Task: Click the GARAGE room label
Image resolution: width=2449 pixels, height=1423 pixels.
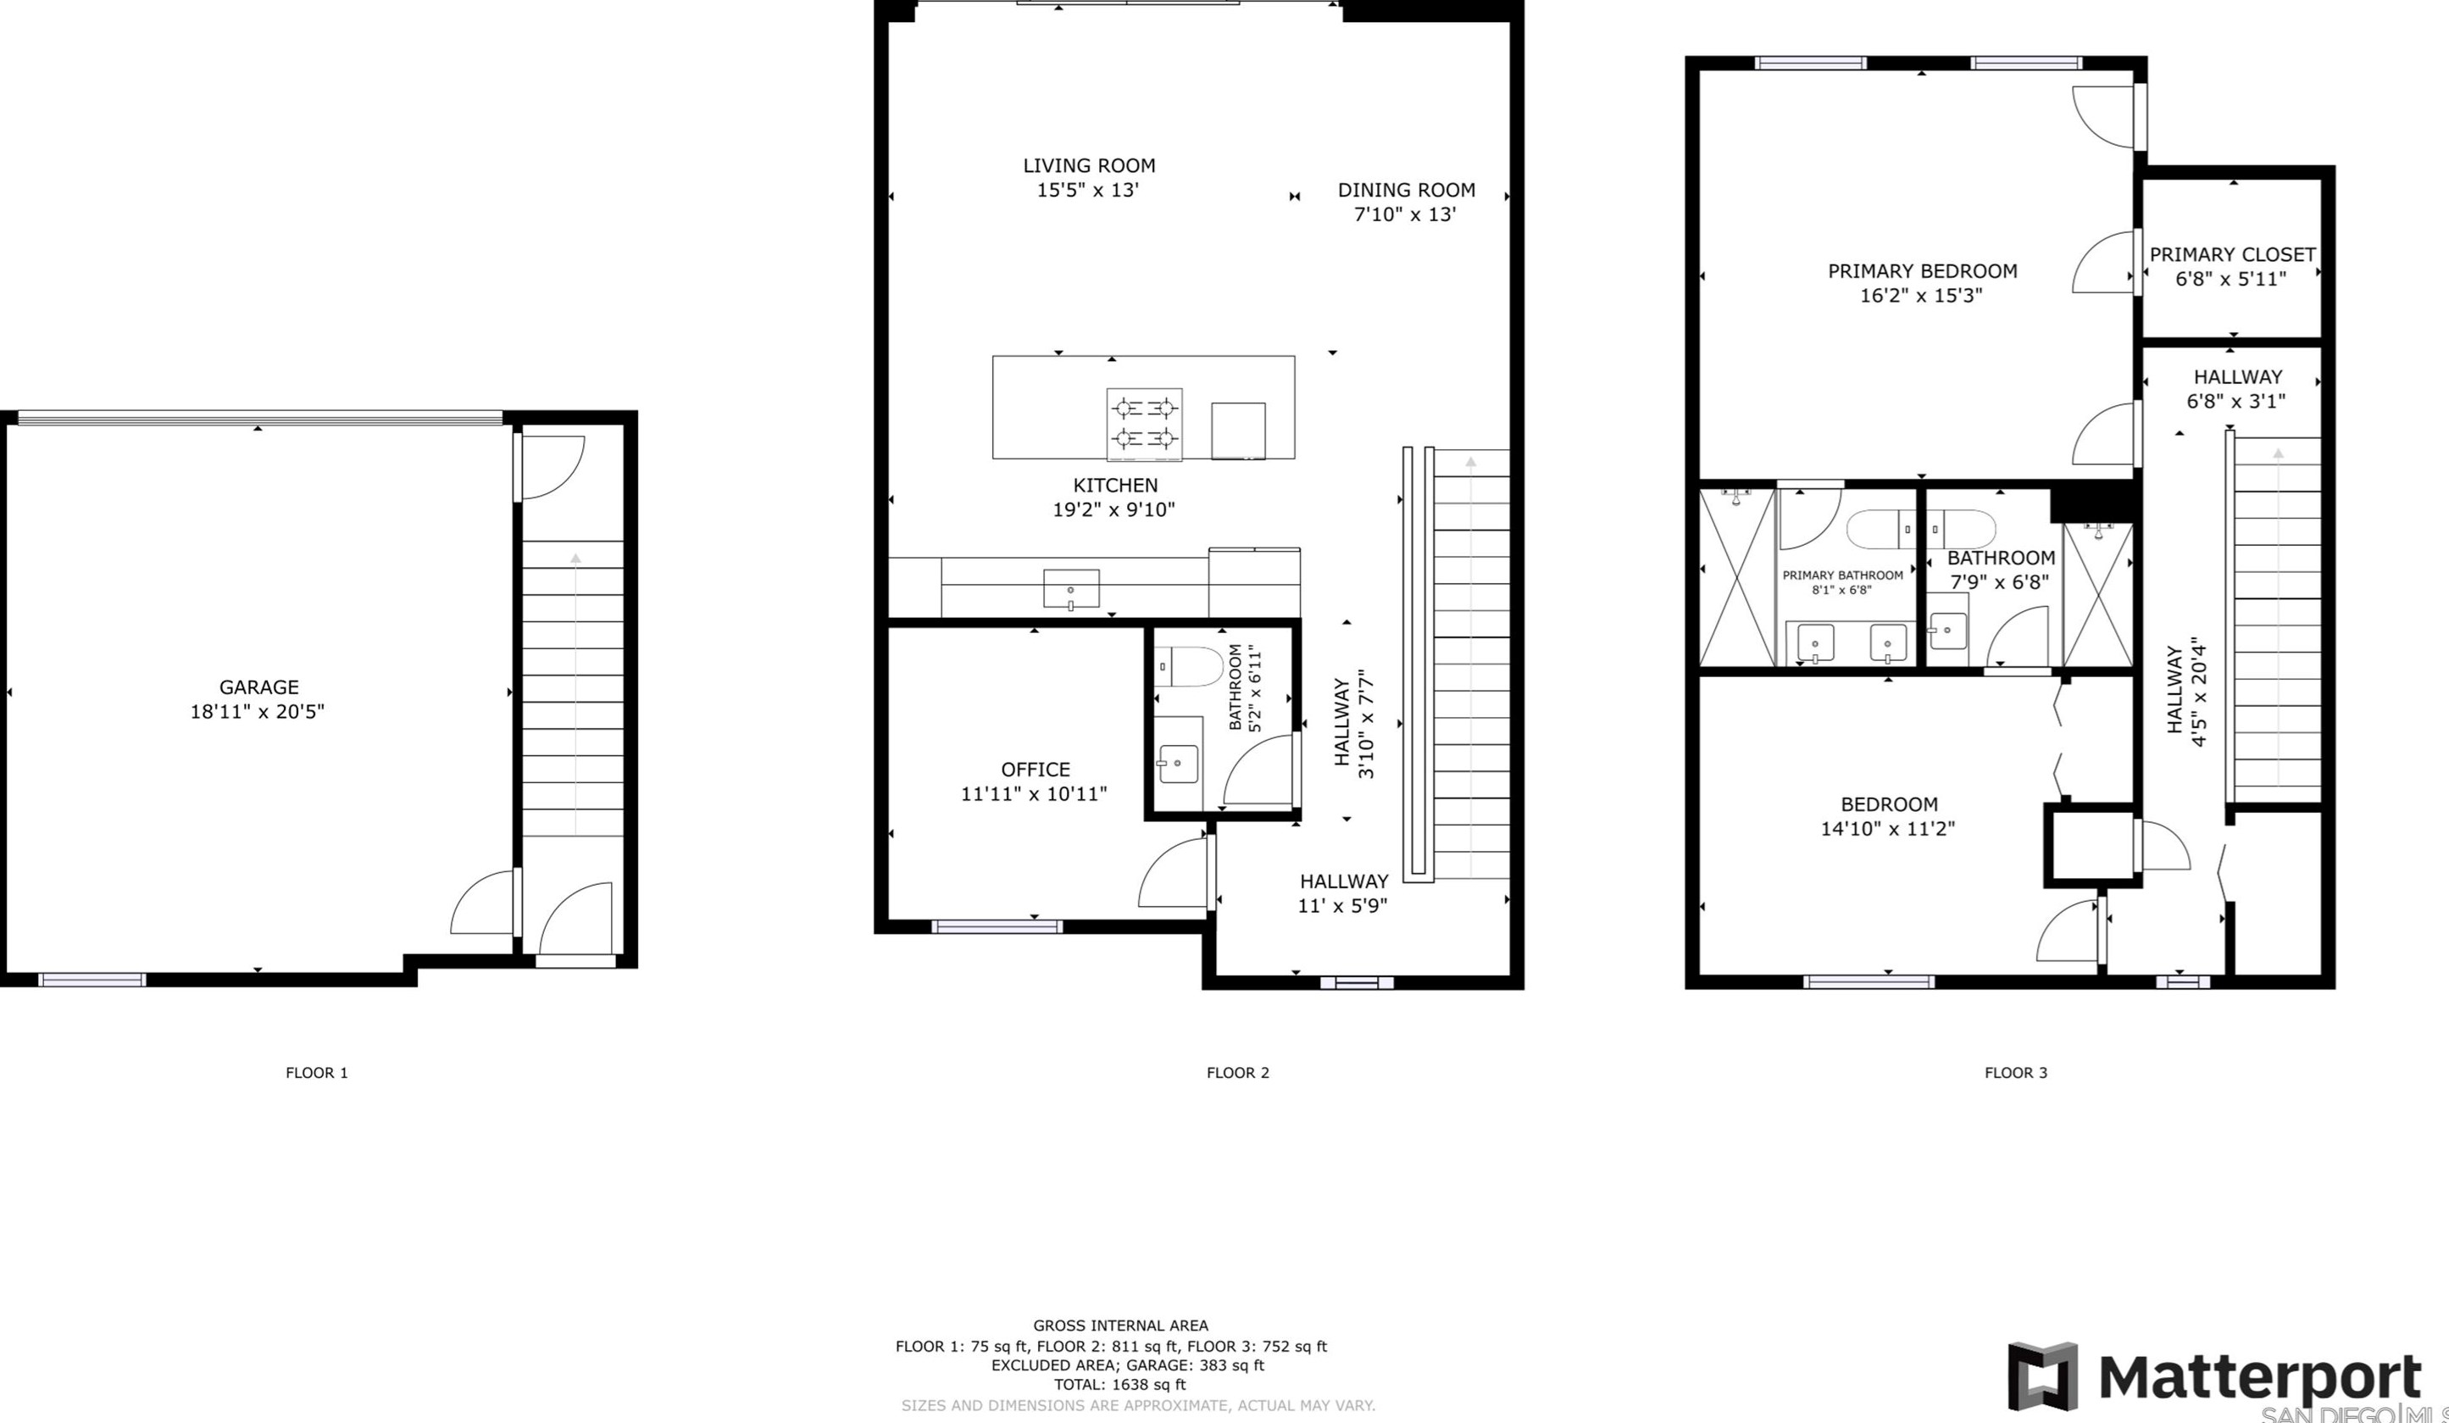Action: coord(258,687)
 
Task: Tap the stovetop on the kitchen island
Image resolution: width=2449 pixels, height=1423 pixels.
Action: coord(1144,424)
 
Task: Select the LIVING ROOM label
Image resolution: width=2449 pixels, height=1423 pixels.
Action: coord(1088,166)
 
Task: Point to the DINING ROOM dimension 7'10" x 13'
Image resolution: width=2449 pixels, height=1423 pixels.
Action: coord(1405,214)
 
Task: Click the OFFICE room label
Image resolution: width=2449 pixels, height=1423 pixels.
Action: coord(1035,770)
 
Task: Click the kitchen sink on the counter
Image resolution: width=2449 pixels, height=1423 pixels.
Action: coord(1071,589)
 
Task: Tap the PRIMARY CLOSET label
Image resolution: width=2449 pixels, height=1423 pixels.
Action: coord(2231,254)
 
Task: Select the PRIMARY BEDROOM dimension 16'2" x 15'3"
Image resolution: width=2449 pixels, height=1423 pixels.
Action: coord(1921,296)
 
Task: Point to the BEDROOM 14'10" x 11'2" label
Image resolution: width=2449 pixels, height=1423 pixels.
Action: coord(1888,816)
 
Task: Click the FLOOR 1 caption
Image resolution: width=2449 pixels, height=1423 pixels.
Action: coord(316,1073)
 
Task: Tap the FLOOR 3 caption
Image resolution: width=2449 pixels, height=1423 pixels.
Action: coord(2016,1073)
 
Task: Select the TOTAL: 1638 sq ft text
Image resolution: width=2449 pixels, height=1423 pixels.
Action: coord(1119,1384)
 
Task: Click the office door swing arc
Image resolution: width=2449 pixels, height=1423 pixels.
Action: coord(1173,873)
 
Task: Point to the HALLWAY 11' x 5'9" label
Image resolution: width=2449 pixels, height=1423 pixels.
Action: coord(1343,893)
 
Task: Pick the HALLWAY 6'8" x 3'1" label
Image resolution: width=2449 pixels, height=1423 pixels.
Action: coord(2237,389)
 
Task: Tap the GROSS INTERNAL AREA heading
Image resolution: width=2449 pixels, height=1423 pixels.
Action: coord(1119,1325)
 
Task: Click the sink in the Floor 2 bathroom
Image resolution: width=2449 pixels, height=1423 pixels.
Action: coord(1179,764)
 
